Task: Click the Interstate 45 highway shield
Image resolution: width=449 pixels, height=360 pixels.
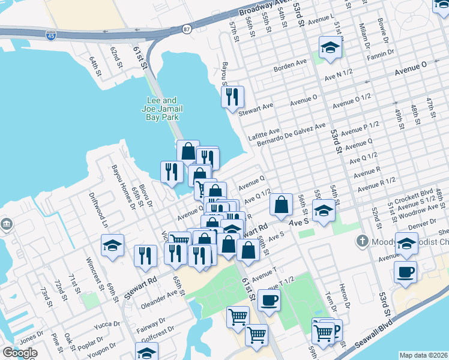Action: point(51,36)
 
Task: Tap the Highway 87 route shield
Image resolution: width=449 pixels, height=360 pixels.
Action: point(187,28)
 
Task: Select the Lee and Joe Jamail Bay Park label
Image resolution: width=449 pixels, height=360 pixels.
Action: point(163,109)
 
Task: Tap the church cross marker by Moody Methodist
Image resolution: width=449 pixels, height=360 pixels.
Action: point(361,241)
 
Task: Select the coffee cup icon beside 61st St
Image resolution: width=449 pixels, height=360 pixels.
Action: point(269,299)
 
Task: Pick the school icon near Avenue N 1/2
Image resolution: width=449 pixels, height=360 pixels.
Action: point(330,47)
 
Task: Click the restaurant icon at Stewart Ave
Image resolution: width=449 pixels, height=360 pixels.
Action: point(232,96)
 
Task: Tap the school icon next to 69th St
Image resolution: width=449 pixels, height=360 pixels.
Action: point(112,245)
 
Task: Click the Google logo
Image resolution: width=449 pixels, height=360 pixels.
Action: point(19,353)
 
